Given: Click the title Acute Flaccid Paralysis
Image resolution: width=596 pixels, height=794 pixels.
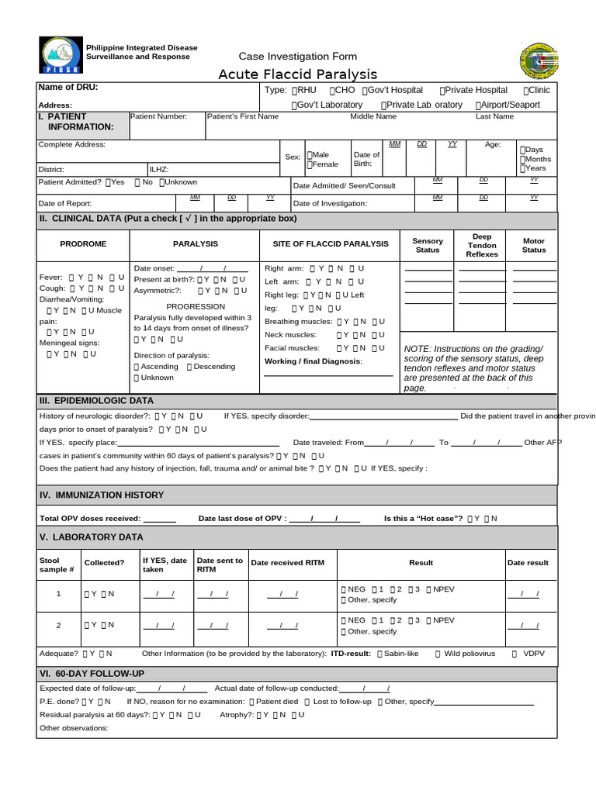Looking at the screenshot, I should click(297, 74).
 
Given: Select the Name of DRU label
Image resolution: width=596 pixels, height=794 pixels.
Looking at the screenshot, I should click(68, 88).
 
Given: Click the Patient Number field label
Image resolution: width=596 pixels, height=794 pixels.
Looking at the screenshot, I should click(158, 116).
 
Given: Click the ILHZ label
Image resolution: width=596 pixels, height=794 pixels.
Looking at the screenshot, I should click(158, 169).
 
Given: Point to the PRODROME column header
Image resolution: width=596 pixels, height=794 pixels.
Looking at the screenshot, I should click(83, 243).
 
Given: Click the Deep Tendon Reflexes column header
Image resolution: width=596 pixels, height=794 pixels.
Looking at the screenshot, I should click(482, 245).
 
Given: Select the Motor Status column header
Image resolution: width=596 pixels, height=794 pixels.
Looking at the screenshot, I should click(534, 245).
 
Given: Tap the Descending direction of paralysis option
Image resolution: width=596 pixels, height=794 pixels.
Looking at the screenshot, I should click(210, 367).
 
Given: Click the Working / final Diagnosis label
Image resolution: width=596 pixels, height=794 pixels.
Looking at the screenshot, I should click(313, 361).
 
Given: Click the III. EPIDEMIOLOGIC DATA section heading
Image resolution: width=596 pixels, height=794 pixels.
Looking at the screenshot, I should click(96, 401).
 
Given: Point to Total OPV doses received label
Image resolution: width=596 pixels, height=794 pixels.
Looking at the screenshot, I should click(89, 518).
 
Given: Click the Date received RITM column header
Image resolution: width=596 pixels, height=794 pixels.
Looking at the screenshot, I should click(288, 562).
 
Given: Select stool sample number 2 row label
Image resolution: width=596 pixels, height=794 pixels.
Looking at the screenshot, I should click(57, 625).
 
